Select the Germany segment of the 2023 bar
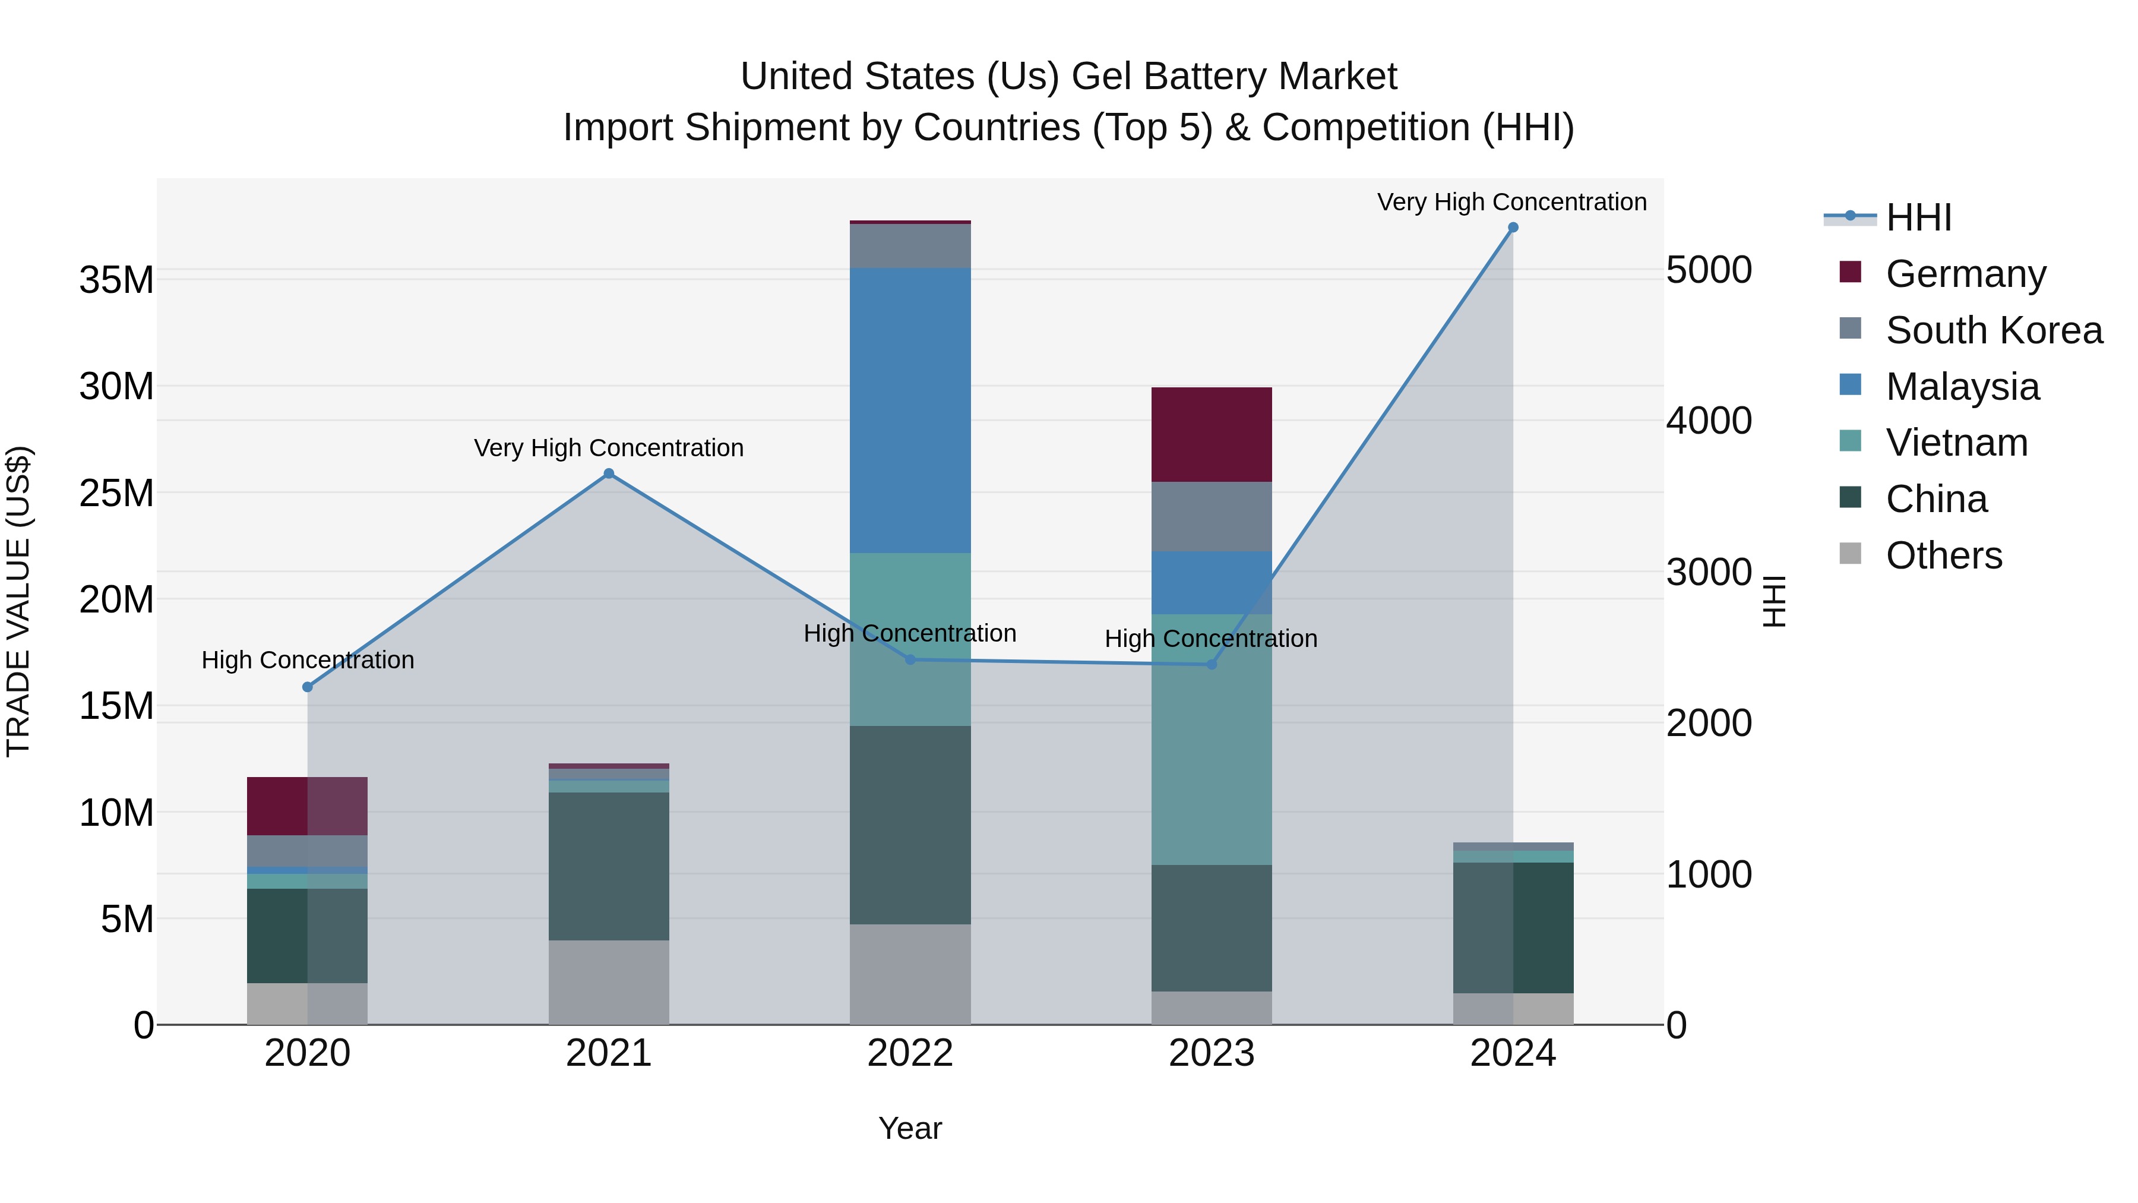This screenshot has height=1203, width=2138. pyautogui.click(x=1211, y=434)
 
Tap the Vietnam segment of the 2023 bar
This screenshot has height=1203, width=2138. pyautogui.click(x=1211, y=739)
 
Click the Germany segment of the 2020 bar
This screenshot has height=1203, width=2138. pyautogui.click(x=307, y=806)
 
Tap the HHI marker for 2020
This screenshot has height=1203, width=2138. pyautogui.click(x=307, y=687)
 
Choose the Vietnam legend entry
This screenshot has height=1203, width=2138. pyautogui.click(x=1956, y=443)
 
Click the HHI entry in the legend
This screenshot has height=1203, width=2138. pyautogui.click(x=1918, y=217)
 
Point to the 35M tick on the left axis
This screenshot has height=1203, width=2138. pyautogui.click(x=116, y=280)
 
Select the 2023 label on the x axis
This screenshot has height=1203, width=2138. pyautogui.click(x=1211, y=1053)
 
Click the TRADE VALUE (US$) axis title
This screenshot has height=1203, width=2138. pyautogui.click(x=18, y=601)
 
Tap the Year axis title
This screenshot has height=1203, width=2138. pyautogui.click(x=910, y=1128)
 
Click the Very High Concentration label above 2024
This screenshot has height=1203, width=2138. pyautogui.click(x=1511, y=202)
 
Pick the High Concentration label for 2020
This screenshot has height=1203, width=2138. pyautogui.click(x=307, y=660)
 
